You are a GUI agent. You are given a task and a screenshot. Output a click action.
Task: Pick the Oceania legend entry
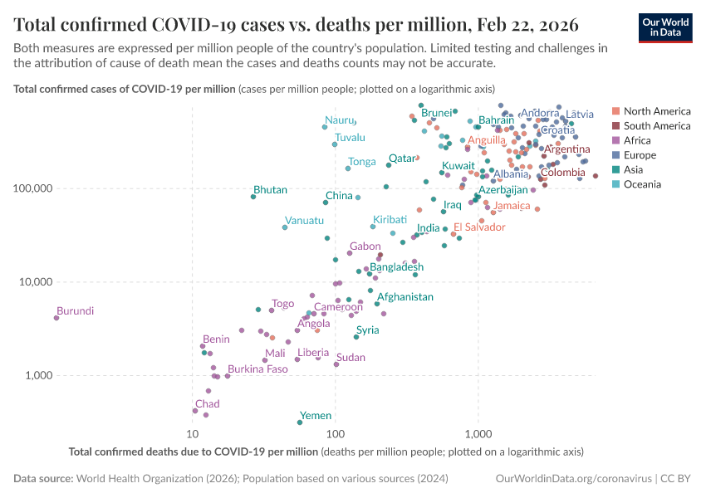point(642,184)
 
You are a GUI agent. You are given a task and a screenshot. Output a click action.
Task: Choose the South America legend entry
point(656,126)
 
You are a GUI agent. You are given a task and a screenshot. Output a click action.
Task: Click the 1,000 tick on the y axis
point(37,375)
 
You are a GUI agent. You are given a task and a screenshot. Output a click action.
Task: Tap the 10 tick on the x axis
point(193,434)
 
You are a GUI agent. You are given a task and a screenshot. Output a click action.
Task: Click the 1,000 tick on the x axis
point(478,434)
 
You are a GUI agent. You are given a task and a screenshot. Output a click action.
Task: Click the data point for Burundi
point(56,318)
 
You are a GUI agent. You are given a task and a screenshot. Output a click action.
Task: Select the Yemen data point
point(300,422)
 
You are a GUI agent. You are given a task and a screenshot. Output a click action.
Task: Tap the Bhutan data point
point(253,197)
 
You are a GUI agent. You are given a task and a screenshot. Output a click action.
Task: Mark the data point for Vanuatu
point(285,227)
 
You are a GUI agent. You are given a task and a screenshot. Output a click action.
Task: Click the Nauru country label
point(339,120)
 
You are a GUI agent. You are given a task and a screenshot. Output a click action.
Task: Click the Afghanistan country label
point(405,296)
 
